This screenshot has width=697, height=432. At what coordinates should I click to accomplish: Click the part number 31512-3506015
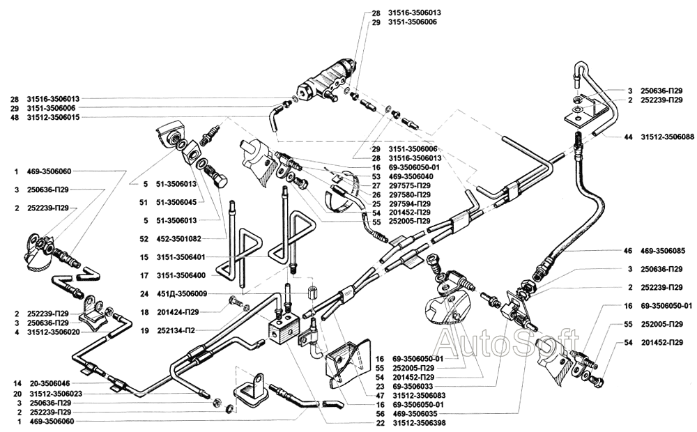click(54, 118)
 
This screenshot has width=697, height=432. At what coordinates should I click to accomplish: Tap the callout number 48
click(14, 118)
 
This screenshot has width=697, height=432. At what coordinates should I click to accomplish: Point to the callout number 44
click(628, 137)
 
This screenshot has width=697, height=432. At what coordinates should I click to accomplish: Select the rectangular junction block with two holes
click(284, 328)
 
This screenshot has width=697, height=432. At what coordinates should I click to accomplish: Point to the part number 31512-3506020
click(54, 332)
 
